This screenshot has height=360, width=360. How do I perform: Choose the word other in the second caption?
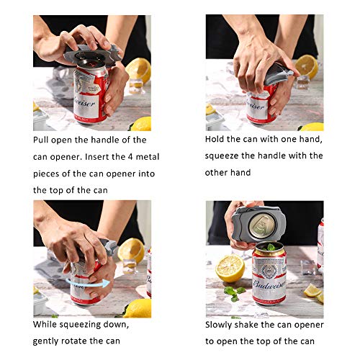click(x=219, y=172)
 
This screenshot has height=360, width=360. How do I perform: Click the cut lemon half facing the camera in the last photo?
click(x=230, y=269)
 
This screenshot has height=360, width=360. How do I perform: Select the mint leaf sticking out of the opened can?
click(x=270, y=248)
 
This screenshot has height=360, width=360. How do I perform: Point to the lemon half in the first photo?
click(x=139, y=70)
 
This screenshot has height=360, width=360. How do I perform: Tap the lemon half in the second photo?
click(x=307, y=66)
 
